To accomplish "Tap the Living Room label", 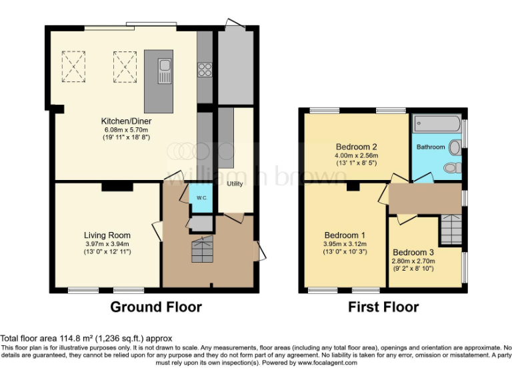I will coord(107,235).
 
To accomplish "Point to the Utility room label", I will coord(235,183).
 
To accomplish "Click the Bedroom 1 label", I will coord(345,235).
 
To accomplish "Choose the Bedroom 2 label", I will coord(357,147).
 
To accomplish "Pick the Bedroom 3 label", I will coord(413,252).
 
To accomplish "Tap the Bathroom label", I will coord(431,147).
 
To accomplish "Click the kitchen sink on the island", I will coord(165,69).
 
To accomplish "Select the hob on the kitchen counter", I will coord(205,69).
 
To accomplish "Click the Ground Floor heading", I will coord(155,307).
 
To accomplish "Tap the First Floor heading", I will coord(383,307).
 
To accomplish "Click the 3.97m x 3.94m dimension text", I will coord(107,244).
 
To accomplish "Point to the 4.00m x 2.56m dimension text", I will coord(357,156).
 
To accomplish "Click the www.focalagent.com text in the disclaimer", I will coord(327,363).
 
